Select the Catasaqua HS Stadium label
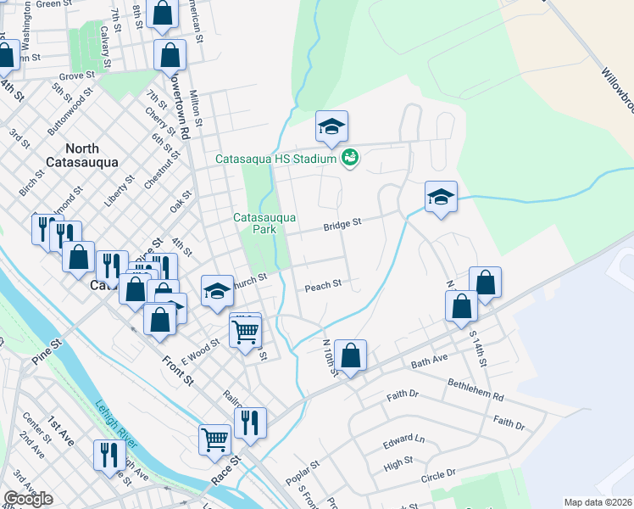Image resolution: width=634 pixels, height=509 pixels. pos(275,159)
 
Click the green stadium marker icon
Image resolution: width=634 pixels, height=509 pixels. pos(349,158)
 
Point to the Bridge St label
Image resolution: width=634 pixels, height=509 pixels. pos(342,223)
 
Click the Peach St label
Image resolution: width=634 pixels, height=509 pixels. pos(323,285)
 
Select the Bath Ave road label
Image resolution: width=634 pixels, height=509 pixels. pos(429,364)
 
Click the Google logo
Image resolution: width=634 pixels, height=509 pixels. pos(28,499)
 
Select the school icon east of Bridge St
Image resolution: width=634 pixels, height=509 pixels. pos(441,198)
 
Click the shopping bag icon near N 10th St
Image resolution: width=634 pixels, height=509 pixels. pos(350,355)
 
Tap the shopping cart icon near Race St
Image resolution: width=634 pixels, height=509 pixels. pos(215,439)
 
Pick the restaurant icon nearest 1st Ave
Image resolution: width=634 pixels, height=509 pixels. pos(108,456)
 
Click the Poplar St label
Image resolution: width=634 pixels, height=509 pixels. pos(302,473)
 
